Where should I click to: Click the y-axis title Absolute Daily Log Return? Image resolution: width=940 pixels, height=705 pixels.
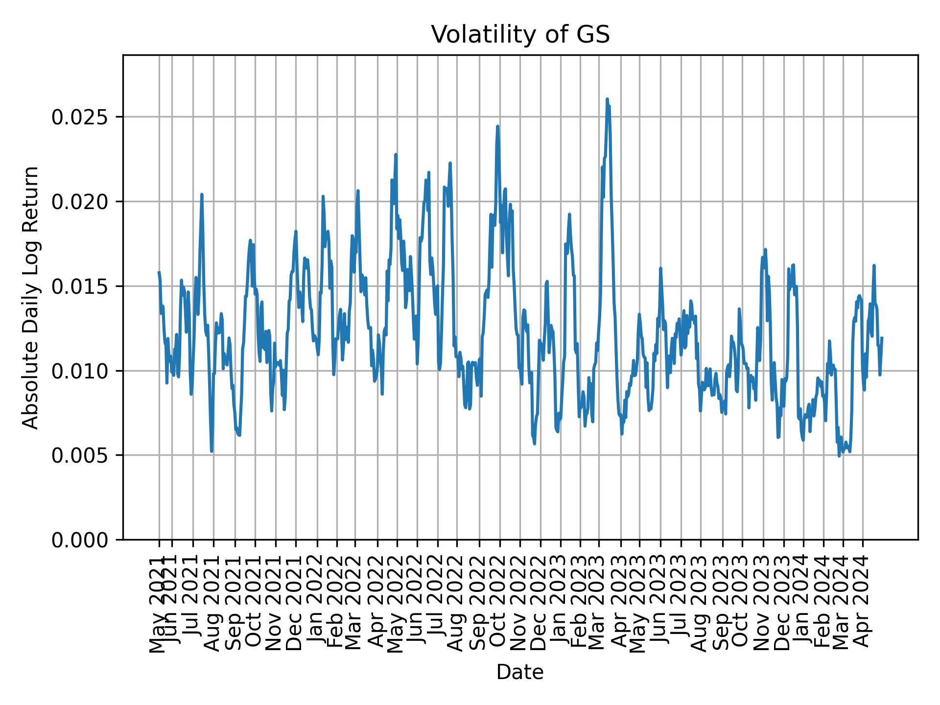(31, 297)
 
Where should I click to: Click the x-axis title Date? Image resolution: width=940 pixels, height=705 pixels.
(520, 672)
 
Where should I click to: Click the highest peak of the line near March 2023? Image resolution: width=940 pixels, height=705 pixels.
(607, 99)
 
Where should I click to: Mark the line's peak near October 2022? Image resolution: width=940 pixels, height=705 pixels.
(497, 126)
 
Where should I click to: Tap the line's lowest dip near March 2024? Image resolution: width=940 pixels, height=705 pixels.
(839, 456)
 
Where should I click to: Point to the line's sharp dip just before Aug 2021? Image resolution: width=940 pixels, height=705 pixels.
(211, 451)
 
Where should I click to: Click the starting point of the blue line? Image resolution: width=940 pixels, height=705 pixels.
(159, 272)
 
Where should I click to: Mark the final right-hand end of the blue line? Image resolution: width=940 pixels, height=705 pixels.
(882, 337)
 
